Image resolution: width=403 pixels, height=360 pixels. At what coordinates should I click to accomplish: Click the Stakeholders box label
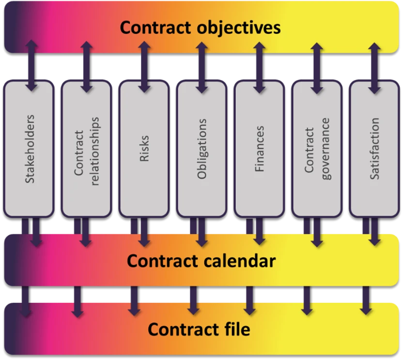pos(30,149)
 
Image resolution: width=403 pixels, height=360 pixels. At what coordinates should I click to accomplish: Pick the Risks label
pos(144,149)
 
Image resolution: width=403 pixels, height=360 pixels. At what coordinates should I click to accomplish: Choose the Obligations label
pos(202,149)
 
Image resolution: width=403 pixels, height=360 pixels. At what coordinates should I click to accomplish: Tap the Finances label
pos(260,149)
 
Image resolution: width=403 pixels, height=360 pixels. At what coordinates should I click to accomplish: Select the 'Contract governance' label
pos(317,149)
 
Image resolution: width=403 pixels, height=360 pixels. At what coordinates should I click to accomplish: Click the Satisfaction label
pos(374,149)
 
